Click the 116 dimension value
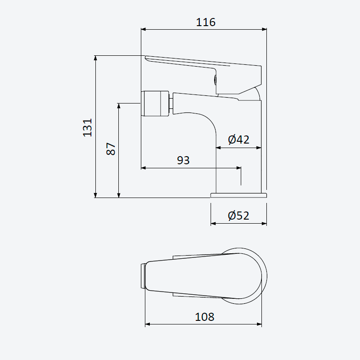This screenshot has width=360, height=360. pos(206,22)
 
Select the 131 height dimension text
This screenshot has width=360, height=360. pos(87,128)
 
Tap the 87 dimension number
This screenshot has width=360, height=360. pos(111,149)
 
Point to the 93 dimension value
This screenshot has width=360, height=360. pos(183,160)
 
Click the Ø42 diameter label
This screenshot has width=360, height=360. pos(238,139)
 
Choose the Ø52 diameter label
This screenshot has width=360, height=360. pos(238,216)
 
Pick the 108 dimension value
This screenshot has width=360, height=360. pos(205,317)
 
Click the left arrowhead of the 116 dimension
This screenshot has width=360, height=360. pos(144,29)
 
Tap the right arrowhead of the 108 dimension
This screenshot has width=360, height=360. pos(259,324)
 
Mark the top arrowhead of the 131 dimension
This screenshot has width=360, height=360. pos(96,58)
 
